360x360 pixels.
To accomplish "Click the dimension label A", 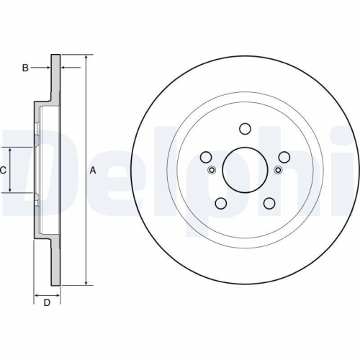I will pos(92,171).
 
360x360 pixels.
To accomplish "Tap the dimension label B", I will pos(24,68).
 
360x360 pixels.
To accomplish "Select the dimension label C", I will pos(4,171).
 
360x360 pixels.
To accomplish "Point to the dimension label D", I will pos(47,302).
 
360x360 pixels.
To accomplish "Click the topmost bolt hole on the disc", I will pos(245,130).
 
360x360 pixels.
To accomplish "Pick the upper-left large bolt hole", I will pos(206,158).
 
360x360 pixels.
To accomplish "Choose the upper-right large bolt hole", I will pos(284,158).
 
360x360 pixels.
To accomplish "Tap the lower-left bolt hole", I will pos(221,204).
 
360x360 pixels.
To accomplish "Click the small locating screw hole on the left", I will pos(212,170).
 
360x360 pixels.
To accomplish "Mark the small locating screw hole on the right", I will pos(278,170).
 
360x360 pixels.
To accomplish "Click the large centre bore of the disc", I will pos(245,170).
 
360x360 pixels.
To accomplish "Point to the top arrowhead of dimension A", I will pos(86,57).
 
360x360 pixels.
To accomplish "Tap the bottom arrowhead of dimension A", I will pos(86,283).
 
